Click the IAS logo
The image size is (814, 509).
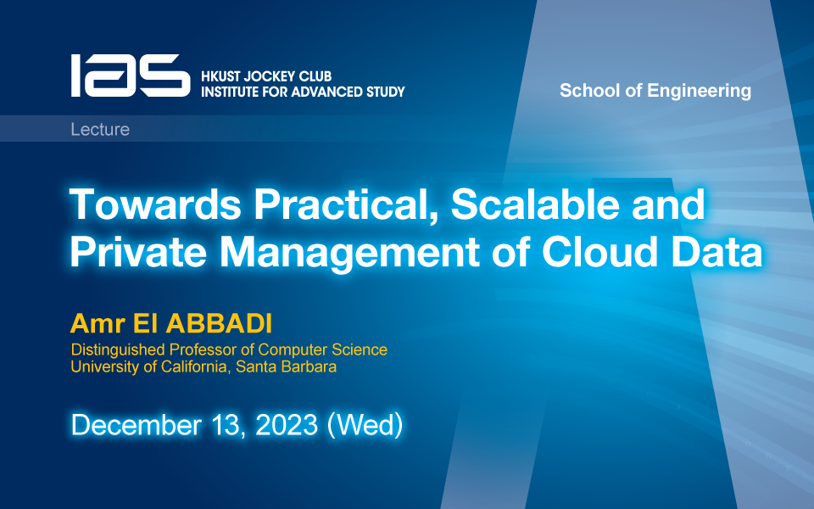131,76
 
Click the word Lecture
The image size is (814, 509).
100,129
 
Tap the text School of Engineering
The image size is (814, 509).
655,91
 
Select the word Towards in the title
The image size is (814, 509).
155,204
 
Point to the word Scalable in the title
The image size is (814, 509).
535,204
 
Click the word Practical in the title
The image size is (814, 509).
345,205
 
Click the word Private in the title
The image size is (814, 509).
138,252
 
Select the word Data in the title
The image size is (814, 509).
717,252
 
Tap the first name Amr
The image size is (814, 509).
98,323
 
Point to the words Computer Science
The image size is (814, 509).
322,350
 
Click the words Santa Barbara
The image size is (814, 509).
286,366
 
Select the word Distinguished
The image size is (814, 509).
118,350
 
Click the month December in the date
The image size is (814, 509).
136,425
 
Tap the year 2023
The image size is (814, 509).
287,425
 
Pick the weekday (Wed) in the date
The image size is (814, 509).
365,425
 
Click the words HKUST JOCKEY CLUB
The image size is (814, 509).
266,76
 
